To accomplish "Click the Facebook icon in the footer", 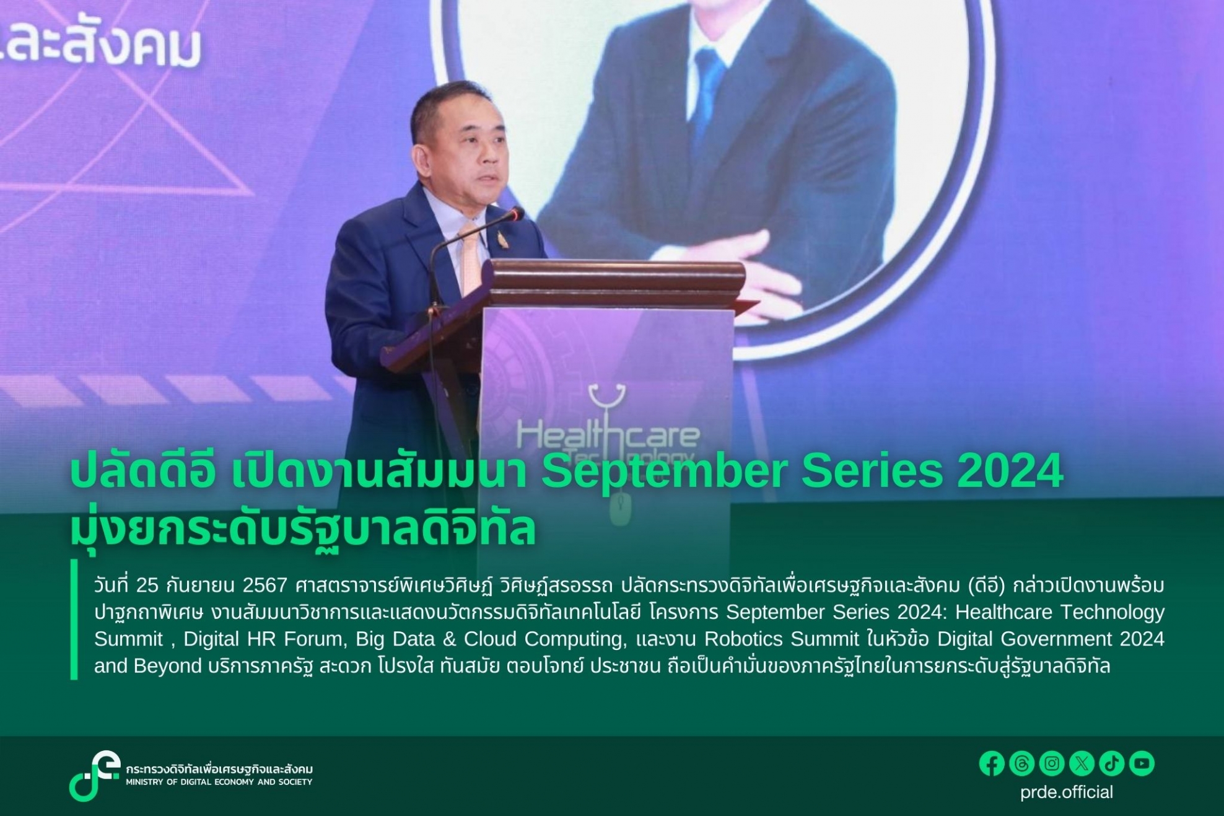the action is coord(992,763).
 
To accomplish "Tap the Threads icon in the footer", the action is coord(1021,763).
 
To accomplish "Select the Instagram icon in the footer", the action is coord(1052,763).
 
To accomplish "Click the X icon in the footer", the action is coord(1082,763).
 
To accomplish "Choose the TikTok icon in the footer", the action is coord(1111,763).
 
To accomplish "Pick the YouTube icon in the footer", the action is coord(1142,763).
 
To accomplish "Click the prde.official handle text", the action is coord(1067,792).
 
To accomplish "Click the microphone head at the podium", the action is coord(515,214).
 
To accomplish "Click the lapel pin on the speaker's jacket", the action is coord(502,239).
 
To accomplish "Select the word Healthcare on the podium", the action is coord(608,434).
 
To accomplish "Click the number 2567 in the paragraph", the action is coord(264,586).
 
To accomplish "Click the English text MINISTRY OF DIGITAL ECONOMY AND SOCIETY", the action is coord(219,783).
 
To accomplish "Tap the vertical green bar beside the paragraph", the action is coord(74,620).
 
